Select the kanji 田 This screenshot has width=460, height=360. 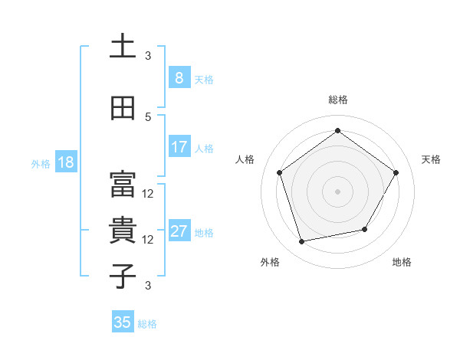(123, 109)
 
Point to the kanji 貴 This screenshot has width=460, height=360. (123, 231)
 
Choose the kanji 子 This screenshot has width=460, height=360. (123, 276)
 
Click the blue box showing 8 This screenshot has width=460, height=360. (179, 77)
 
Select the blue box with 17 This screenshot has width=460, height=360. (179, 147)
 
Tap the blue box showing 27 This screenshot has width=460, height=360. (179, 232)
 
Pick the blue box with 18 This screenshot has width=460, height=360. (65, 162)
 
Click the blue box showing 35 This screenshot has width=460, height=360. (123, 322)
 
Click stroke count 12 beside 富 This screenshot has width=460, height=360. (148, 194)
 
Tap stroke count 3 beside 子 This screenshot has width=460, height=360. (148, 286)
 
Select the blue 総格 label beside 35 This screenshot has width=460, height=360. (147, 324)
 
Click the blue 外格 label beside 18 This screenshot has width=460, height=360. (41, 163)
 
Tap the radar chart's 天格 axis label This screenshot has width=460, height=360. (431, 159)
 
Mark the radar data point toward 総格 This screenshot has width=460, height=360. (337, 131)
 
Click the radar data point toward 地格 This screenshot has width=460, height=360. (365, 229)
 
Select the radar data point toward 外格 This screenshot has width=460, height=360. (302, 241)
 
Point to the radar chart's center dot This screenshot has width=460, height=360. (337, 191)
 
